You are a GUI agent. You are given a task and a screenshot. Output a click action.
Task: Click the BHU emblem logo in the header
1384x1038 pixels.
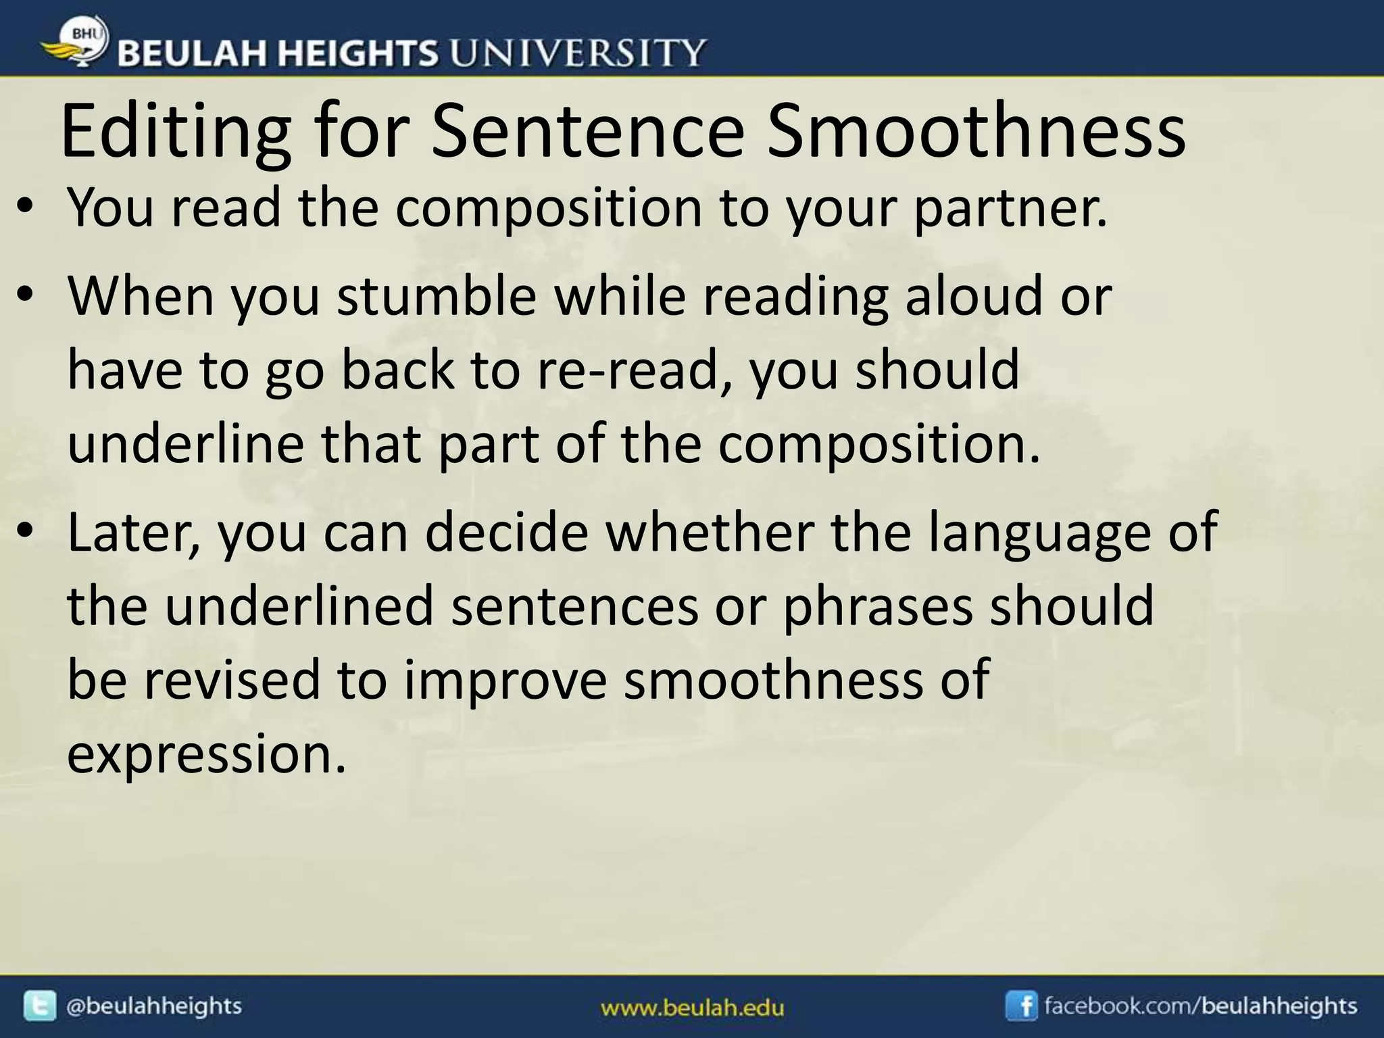[76, 42]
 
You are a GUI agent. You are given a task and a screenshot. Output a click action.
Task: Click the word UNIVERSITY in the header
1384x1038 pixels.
[578, 53]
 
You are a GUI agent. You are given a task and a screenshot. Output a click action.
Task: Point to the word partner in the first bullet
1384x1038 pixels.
[1010, 209]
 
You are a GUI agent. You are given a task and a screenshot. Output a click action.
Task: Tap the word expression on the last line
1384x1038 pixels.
[206, 754]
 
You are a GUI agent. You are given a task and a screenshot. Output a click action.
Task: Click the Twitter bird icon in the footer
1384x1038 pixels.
[40, 1006]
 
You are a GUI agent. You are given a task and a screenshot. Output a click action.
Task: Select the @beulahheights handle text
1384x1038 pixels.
[153, 1006]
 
